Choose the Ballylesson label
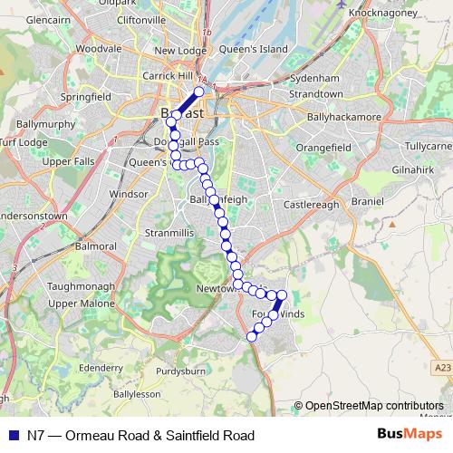pos(136,395)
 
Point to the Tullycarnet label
pos(428,146)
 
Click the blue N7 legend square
pos(13,435)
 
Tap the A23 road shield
pos(441,366)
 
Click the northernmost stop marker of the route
pos(199,92)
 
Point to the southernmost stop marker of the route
pos(252,336)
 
